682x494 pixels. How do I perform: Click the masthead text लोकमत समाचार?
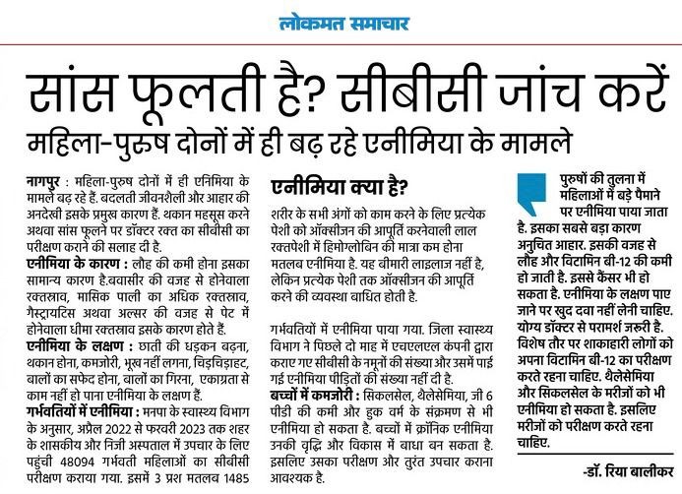[341, 23]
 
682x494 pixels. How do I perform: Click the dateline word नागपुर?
[45, 183]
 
